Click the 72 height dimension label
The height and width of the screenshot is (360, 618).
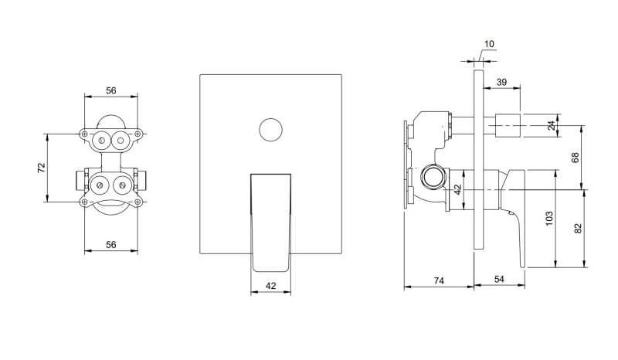coord(42,168)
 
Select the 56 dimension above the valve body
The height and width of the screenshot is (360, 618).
coord(110,90)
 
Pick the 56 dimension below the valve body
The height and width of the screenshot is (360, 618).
coord(110,244)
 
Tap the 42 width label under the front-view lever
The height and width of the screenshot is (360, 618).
coord(270,285)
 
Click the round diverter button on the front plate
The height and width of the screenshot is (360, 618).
coord(270,128)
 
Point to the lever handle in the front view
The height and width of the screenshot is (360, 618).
coord(270,220)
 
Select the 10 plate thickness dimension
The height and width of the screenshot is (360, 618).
coord(489,44)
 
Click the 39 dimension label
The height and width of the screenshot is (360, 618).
coord(501,82)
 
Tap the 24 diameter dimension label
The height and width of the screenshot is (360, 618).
coord(551,125)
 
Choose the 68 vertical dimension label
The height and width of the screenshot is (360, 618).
coord(575,158)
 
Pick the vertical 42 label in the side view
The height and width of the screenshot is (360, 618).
coord(457,189)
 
